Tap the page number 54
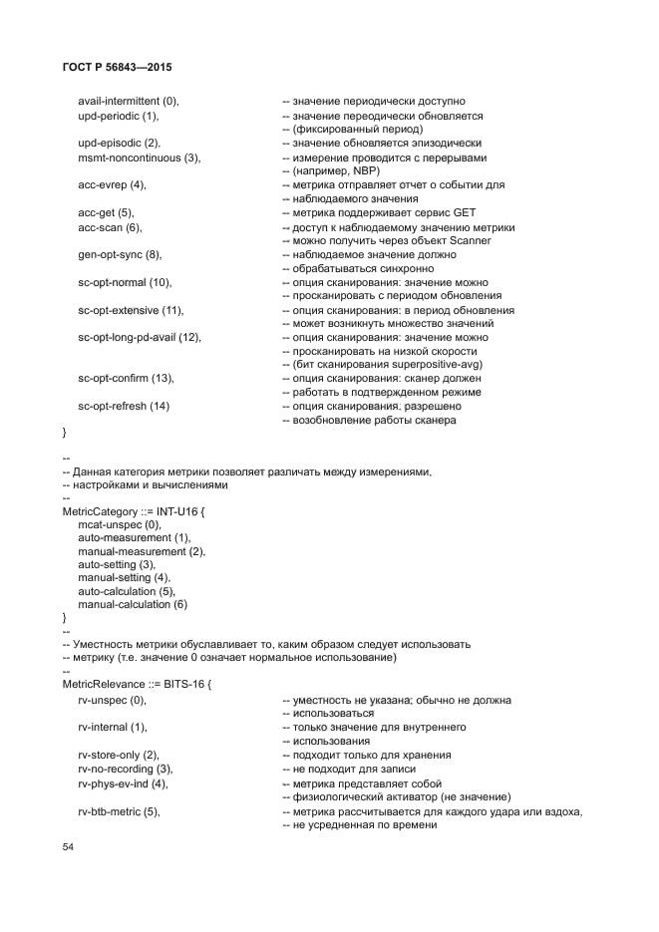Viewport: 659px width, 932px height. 68,846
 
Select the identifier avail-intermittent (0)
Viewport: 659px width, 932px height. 128,102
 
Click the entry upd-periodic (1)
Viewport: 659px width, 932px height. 118,116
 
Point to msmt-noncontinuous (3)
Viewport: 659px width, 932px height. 139,157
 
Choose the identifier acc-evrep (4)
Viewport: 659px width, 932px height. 112,185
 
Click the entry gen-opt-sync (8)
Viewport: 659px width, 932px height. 120,254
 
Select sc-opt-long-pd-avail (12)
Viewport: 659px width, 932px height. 140,337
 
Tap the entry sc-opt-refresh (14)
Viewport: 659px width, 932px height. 124,407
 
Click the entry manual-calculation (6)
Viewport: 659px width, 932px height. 133,604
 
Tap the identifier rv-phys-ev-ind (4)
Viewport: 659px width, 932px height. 123,783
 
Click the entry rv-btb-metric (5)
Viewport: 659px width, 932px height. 119,811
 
